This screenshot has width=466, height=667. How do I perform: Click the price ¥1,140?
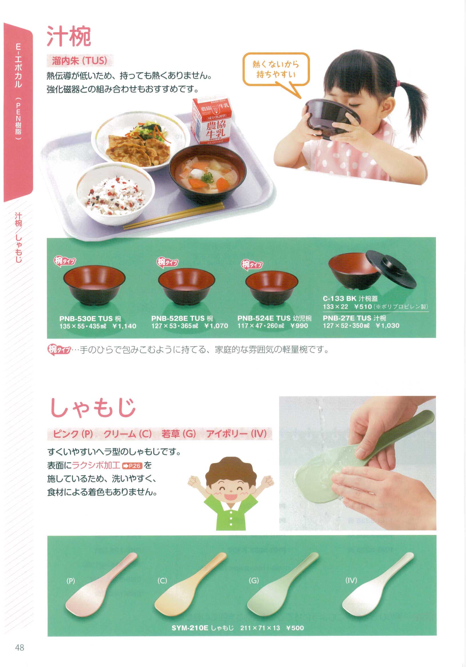tap(124, 326)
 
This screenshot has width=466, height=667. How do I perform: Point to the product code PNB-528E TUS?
tap(178, 318)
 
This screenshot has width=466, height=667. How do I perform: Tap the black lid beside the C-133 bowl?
tap(391, 269)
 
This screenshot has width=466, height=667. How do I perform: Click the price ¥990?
tap(299, 326)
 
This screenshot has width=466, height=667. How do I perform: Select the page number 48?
tap(20, 648)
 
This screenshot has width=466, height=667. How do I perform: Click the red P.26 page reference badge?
tap(132, 466)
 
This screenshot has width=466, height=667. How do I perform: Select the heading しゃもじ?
tap(93, 407)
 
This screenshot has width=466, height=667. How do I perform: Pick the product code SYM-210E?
tap(190, 628)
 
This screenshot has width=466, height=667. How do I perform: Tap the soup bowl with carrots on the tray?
tap(207, 174)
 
